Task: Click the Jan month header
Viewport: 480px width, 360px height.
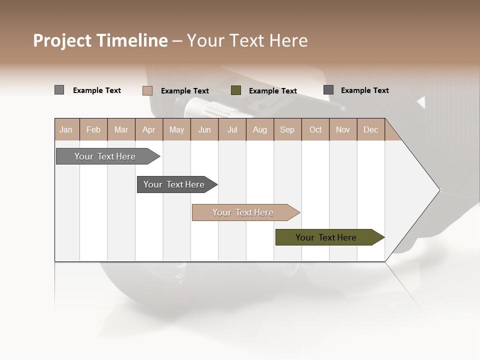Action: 66,129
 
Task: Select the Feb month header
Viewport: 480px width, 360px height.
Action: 93,129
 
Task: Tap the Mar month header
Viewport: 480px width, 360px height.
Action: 121,129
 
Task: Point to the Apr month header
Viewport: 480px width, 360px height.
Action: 149,129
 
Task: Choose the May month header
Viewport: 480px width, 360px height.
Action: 176,129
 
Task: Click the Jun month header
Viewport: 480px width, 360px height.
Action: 204,129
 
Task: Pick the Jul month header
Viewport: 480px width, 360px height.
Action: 232,129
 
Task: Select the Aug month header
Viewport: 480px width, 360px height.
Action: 260,129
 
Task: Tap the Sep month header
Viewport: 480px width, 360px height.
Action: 287,129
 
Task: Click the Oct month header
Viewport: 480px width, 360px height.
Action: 315,129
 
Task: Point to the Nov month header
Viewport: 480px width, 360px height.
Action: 343,129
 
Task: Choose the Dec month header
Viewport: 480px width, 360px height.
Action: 371,129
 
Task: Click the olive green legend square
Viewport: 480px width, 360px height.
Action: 236,90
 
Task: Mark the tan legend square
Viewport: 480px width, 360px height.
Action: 147,90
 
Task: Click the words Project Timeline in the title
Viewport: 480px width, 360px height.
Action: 100,40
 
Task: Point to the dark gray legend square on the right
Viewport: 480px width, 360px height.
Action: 328,90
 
